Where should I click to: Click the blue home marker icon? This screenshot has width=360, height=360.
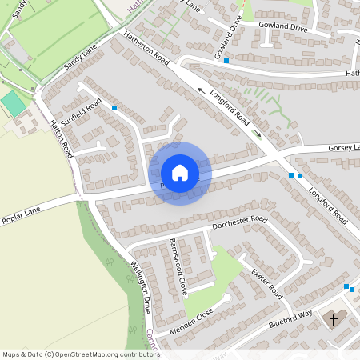(x=179, y=173)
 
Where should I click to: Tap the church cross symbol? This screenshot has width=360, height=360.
(x=333, y=320)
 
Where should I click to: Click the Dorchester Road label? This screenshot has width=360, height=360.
(x=239, y=223)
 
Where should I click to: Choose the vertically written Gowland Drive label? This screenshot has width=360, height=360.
(x=233, y=38)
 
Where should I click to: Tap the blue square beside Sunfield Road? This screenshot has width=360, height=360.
(x=115, y=107)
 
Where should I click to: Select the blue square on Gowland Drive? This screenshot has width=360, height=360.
(x=226, y=61)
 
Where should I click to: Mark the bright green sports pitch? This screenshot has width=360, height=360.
(x=12, y=103)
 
